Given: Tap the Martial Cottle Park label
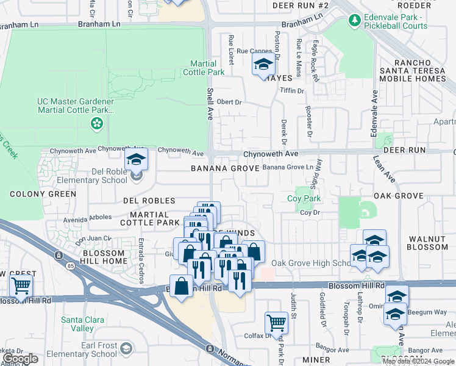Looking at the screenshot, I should click(204, 68).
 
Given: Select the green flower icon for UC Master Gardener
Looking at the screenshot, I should click(96, 124).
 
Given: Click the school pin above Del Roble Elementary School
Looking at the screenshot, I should click(137, 161).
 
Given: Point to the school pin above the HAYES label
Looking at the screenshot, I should click(263, 63).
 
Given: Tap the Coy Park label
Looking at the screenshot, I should click(304, 199).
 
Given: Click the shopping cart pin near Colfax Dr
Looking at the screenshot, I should click(276, 322).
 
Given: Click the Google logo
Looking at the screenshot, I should click(20, 359).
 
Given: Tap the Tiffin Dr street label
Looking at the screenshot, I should click(291, 90).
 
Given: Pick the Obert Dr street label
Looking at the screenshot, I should click(229, 102).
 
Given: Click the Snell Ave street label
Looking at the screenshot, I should click(209, 104).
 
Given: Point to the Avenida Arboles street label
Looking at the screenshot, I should click(89, 217).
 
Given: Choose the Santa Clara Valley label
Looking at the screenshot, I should click(77, 324).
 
